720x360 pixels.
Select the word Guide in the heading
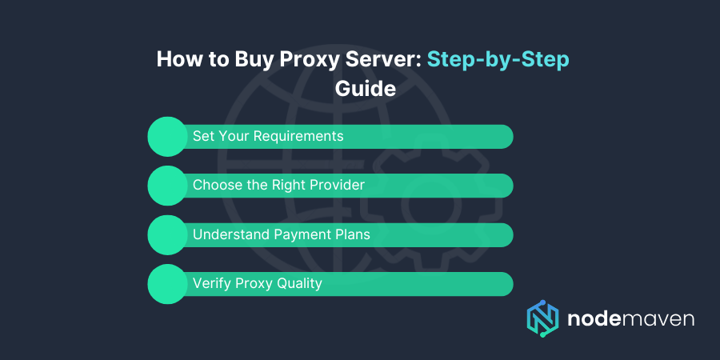365,88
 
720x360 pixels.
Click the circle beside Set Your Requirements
167,136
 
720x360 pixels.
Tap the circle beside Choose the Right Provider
167,185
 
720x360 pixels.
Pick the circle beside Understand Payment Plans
167,234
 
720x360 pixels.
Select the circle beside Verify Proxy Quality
167,284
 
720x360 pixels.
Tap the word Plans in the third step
352,234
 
